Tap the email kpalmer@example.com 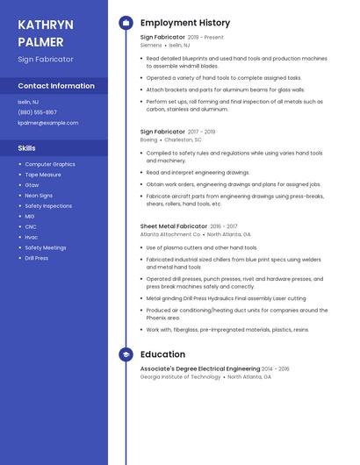(48, 123)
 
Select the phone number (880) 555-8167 (37, 112)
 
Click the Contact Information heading (56, 86)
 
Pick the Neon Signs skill (39, 196)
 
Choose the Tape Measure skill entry (44, 175)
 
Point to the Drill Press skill (37, 258)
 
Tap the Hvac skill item (32, 237)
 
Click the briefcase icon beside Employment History (126, 23)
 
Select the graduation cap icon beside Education (126, 354)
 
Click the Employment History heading (185, 23)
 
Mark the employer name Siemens (151, 45)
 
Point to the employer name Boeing (148, 139)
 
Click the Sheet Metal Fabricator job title (174, 226)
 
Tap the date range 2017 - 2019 (201, 132)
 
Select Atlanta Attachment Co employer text (170, 234)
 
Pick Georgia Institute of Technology (180, 377)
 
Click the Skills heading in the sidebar (26, 148)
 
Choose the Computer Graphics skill (50, 164)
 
